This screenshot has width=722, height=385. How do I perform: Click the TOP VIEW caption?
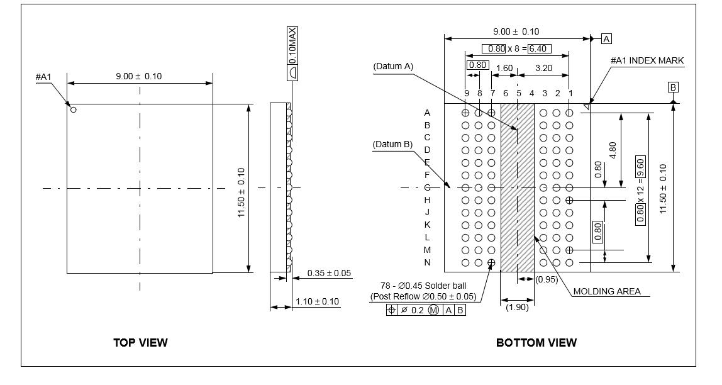point(140,343)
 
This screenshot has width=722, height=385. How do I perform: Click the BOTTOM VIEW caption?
point(536,343)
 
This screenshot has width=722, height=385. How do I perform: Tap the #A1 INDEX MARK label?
point(647,60)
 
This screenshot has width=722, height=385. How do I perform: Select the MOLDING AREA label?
point(607,291)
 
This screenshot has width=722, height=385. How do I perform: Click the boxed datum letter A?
point(606,38)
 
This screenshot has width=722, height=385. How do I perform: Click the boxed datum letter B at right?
point(673,87)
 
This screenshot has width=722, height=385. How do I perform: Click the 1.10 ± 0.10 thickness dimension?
point(317,301)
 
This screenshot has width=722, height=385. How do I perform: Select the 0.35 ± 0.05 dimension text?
point(329,274)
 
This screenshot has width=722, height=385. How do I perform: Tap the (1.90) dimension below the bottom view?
point(517,307)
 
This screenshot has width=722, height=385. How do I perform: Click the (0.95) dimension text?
point(546,280)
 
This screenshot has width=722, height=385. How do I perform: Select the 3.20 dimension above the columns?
point(543,67)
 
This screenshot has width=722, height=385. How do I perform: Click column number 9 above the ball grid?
point(466,93)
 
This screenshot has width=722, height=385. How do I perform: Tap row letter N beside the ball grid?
point(427,262)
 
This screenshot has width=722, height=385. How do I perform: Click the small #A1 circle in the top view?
point(73,109)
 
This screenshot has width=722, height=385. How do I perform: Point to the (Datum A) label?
point(392,65)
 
